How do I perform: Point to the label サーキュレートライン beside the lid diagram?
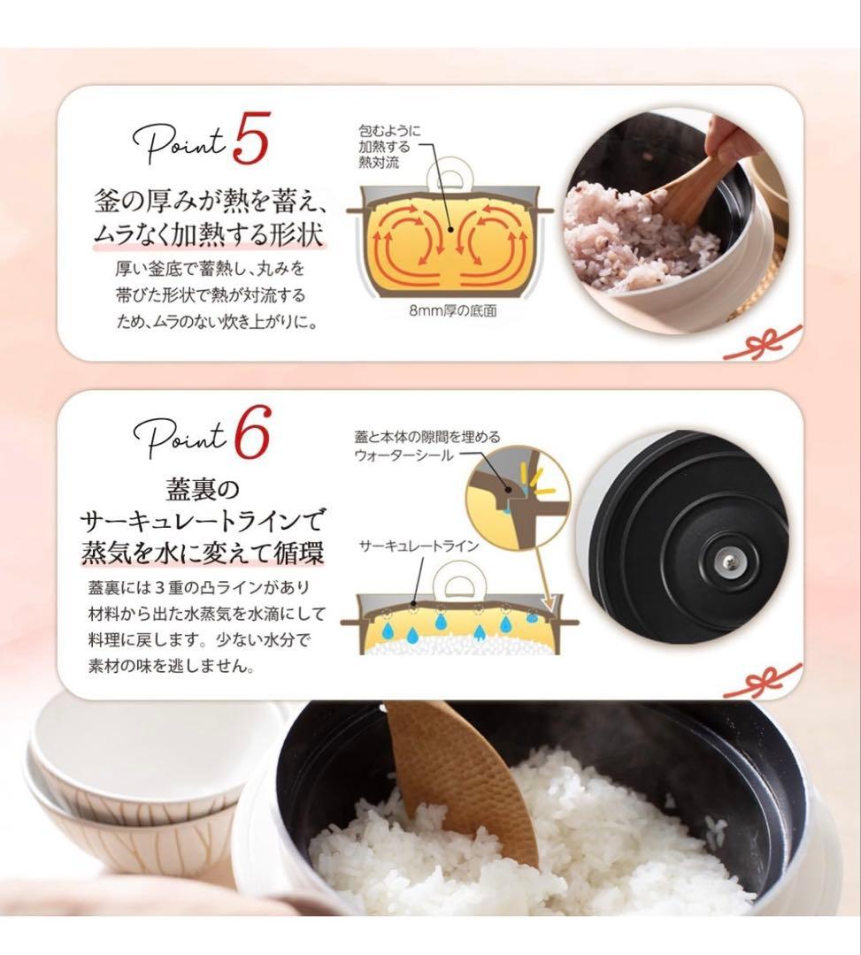(419, 546)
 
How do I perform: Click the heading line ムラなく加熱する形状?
(208, 235)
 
